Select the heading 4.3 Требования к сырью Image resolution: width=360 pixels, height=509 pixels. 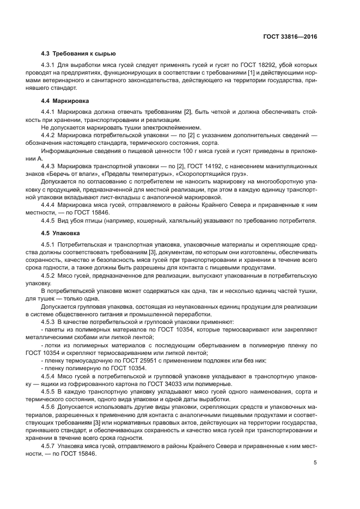(x=78, y=54)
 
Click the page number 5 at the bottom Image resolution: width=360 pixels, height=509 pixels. (x=315, y=463)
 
